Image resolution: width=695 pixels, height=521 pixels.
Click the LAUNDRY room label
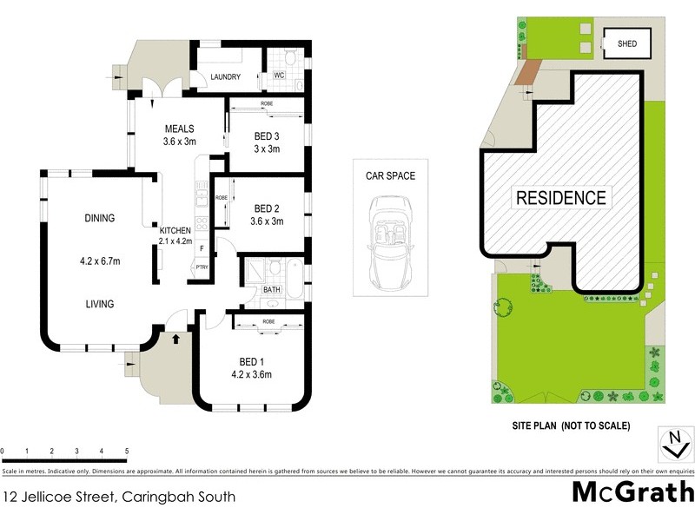(x=225, y=77)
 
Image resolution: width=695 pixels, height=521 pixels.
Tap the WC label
(x=279, y=76)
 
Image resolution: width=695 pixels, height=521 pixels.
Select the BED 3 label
(x=267, y=136)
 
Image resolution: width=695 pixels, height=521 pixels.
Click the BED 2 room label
(x=267, y=208)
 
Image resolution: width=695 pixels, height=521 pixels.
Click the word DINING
(x=100, y=218)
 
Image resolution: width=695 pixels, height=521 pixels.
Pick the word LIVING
(x=100, y=304)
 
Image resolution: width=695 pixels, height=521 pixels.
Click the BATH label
(x=272, y=290)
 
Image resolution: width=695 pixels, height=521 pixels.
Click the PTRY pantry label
(x=202, y=267)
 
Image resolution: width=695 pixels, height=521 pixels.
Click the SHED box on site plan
(x=626, y=43)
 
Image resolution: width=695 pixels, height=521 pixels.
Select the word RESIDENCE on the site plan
(x=561, y=197)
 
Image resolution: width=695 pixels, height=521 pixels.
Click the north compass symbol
(x=672, y=443)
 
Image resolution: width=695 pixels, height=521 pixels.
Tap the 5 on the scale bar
(x=127, y=452)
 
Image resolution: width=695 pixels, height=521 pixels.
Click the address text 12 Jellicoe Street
(x=118, y=498)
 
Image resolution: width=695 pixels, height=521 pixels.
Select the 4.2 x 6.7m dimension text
(x=100, y=258)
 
